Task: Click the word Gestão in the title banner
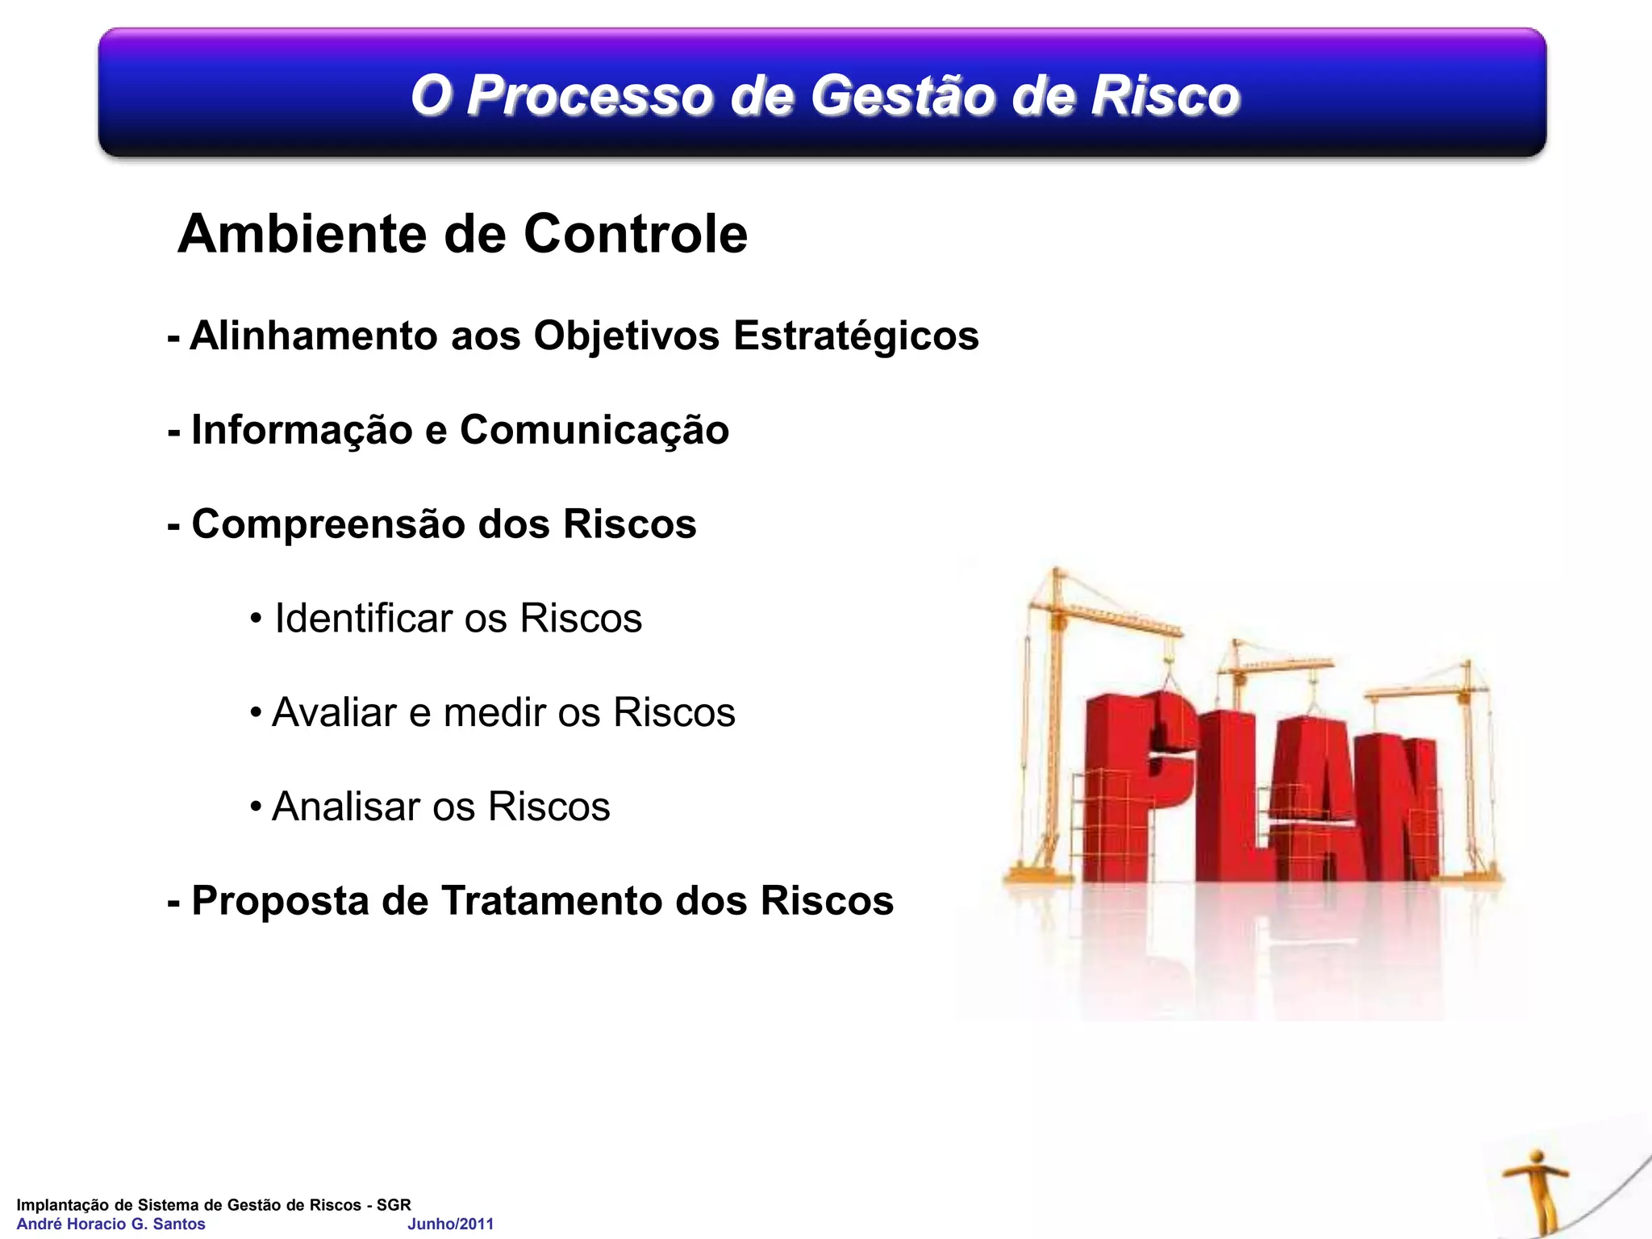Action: click(x=903, y=95)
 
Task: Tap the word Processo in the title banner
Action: click(x=590, y=95)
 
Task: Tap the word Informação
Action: click(x=302, y=430)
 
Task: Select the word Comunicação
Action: click(x=594, y=430)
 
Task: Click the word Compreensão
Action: click(x=328, y=524)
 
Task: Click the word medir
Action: click(x=494, y=713)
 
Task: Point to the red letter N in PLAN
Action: click(x=1400, y=807)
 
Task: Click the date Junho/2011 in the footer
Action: click(x=450, y=1224)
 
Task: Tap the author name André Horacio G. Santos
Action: click(x=111, y=1224)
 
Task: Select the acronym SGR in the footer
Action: click(x=394, y=1204)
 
